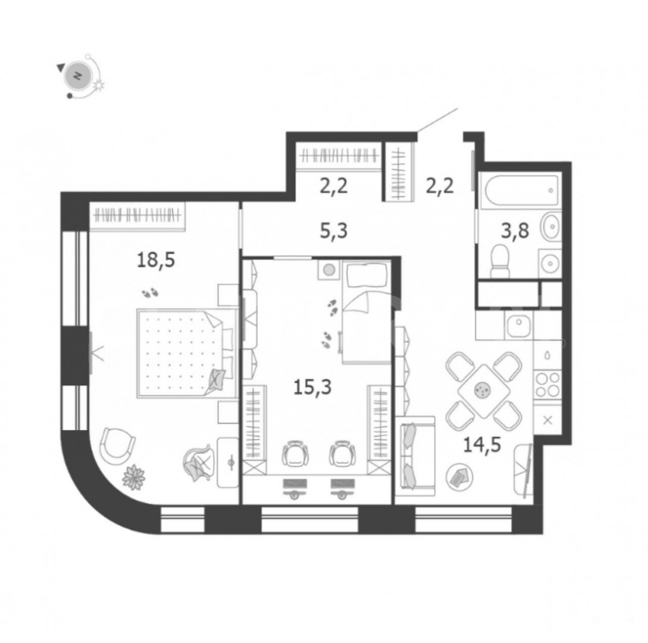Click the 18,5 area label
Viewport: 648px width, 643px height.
pos(156,261)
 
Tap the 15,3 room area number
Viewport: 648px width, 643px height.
pos(312,388)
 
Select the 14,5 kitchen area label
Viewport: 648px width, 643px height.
pos(482,445)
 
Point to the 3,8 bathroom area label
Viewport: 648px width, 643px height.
pos(515,230)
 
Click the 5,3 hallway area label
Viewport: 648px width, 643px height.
pos(333,230)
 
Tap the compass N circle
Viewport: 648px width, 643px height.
pos(77,76)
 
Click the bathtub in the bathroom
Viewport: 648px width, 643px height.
pos(521,191)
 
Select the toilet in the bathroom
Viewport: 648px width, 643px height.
pos(500,261)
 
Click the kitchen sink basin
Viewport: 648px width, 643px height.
pos(519,326)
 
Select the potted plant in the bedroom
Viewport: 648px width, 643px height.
pos(133,477)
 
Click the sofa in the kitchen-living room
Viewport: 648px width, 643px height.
pos(415,455)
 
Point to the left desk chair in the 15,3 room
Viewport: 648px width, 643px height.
pos(295,454)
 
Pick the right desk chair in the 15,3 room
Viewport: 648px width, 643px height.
pos(342,454)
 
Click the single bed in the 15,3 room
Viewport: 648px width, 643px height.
pos(366,312)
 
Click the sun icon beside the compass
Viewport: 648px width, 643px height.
pos(99,85)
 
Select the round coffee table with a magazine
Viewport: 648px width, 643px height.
pos(459,477)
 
